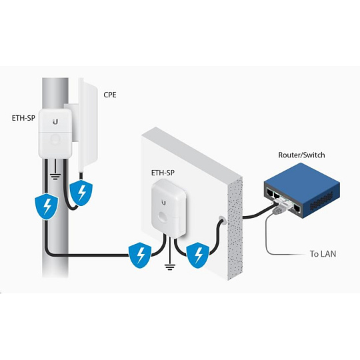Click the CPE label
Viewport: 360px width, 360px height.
[110, 95]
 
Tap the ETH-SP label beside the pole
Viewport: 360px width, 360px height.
[23, 118]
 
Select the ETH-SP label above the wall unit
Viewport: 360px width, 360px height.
[163, 173]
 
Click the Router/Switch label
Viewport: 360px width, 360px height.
[301, 155]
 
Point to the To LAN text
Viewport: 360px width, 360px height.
[323, 254]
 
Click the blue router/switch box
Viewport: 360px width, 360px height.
[302, 191]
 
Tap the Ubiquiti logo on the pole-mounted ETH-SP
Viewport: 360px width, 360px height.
[55, 122]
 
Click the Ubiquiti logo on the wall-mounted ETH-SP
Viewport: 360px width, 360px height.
[163, 203]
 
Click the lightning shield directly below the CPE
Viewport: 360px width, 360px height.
[81, 193]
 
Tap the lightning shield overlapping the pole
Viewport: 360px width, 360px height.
[47, 207]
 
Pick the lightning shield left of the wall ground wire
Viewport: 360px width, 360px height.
[140, 255]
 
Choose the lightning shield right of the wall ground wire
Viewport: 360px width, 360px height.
[198, 255]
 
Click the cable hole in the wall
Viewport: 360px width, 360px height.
[221, 220]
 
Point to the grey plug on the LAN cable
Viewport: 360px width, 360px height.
[277, 210]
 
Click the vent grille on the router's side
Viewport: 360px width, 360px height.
[321, 201]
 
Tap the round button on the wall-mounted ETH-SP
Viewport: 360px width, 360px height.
[164, 217]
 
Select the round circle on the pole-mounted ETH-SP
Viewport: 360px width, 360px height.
[55, 139]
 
